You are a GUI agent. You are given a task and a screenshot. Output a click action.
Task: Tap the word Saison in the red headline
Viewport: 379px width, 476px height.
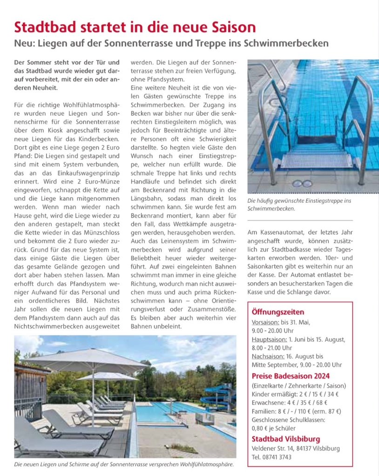coord(232,26)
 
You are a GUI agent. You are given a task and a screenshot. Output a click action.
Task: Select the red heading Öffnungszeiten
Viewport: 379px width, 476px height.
coord(278,312)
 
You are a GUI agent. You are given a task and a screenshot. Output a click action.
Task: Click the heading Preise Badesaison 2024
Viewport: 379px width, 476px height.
coord(291,376)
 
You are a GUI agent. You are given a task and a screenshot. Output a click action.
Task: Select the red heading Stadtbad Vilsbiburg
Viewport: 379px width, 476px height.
coord(285,439)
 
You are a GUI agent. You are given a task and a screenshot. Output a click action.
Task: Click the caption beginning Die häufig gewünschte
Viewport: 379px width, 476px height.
coord(299,205)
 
